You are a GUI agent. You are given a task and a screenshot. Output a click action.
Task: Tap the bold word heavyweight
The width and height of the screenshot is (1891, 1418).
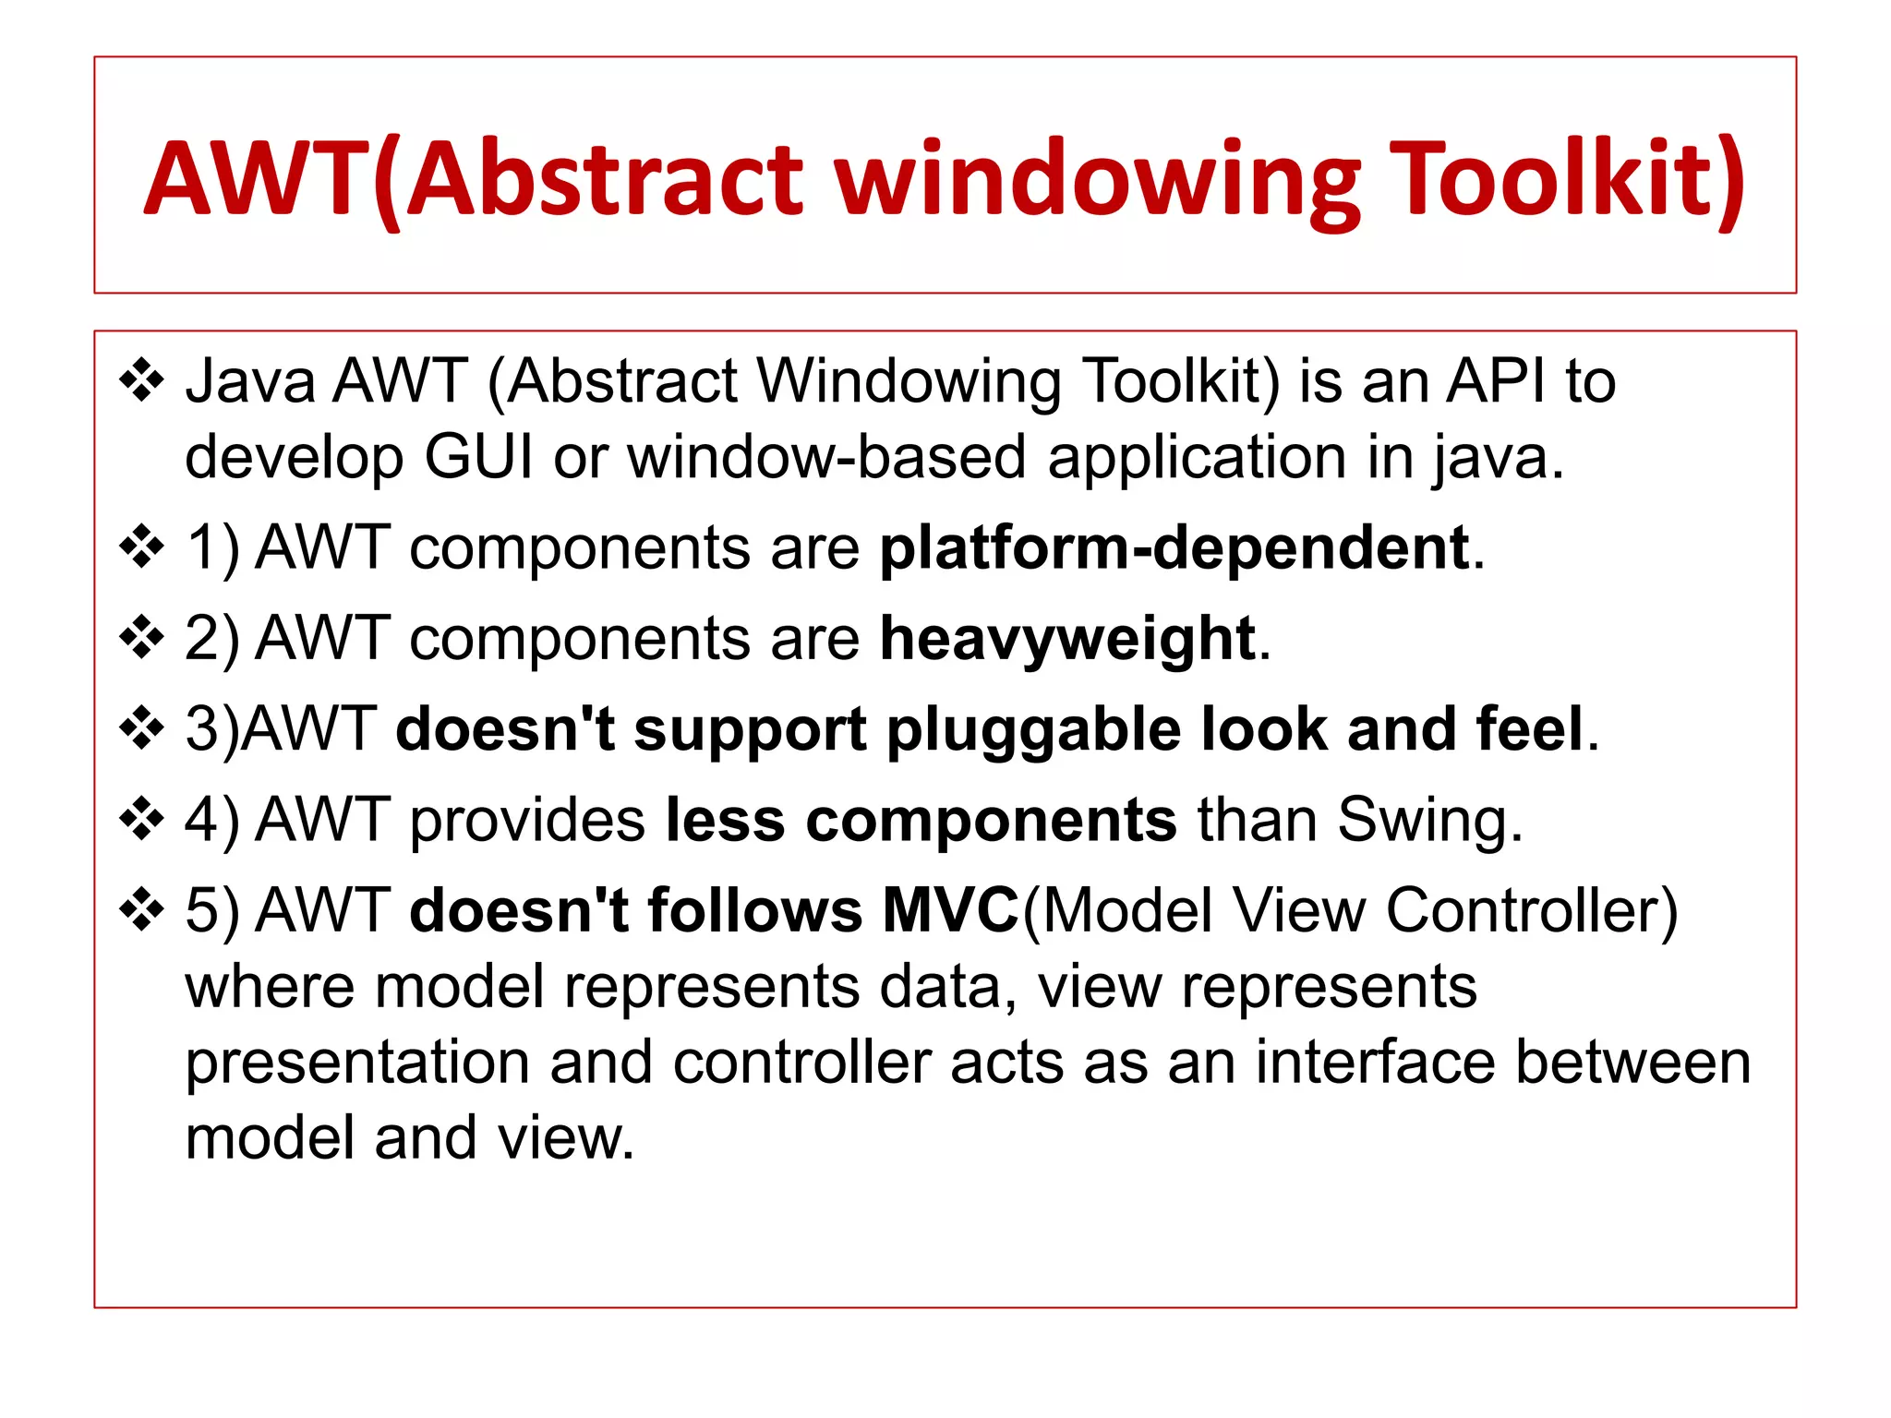1067,639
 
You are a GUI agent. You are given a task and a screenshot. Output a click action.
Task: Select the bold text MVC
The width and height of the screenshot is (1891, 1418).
950,910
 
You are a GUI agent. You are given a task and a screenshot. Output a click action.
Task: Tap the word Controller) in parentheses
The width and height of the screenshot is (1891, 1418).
1532,910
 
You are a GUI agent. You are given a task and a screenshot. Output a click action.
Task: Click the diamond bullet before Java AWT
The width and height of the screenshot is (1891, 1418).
141,380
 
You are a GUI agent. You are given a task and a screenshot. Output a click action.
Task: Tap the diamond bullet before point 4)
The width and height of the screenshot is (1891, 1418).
141,819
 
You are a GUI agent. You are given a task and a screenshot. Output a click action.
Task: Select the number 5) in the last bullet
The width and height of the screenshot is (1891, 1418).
211,910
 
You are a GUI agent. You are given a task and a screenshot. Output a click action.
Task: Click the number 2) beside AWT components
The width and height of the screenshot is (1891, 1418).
211,639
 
